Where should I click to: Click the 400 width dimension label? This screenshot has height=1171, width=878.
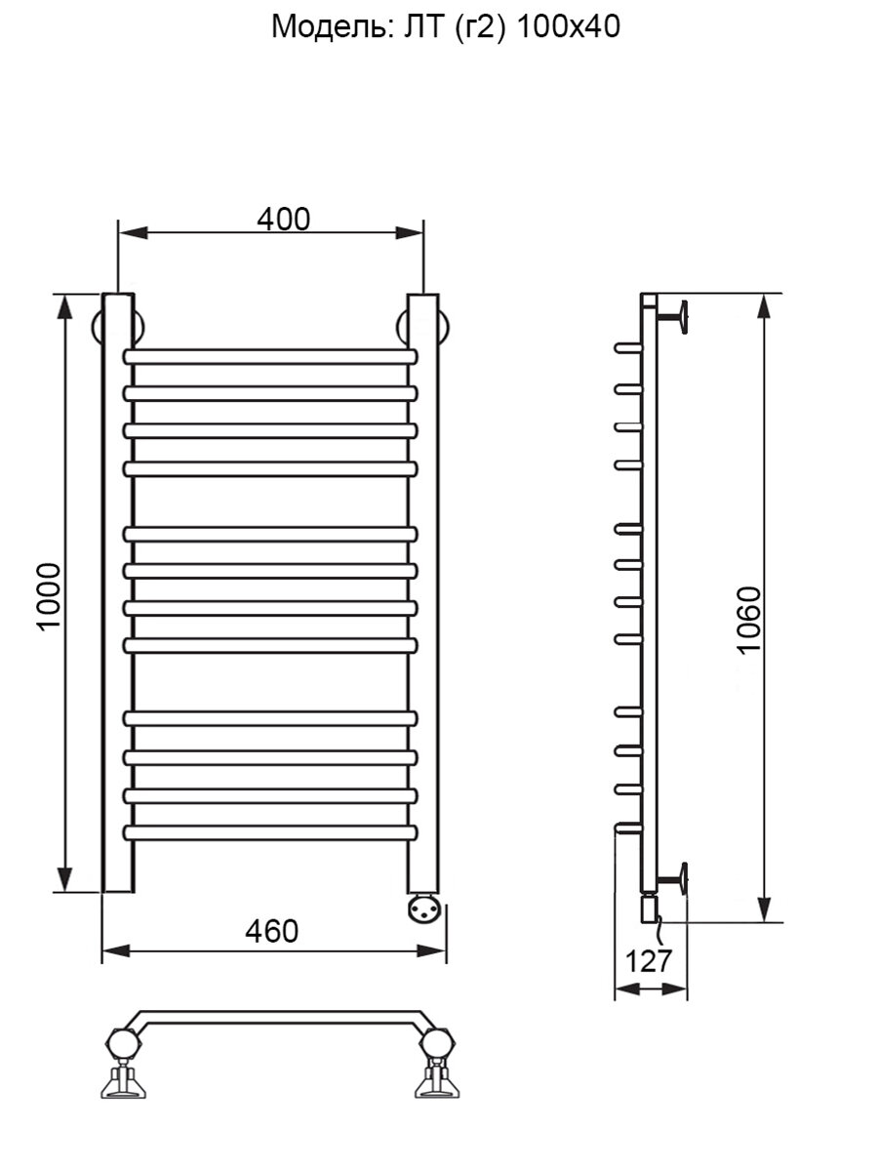point(283,220)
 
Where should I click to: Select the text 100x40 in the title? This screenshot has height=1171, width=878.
point(569,26)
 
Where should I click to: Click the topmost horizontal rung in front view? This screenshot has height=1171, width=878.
point(270,357)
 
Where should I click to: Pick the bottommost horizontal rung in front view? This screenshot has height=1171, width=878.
point(270,832)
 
